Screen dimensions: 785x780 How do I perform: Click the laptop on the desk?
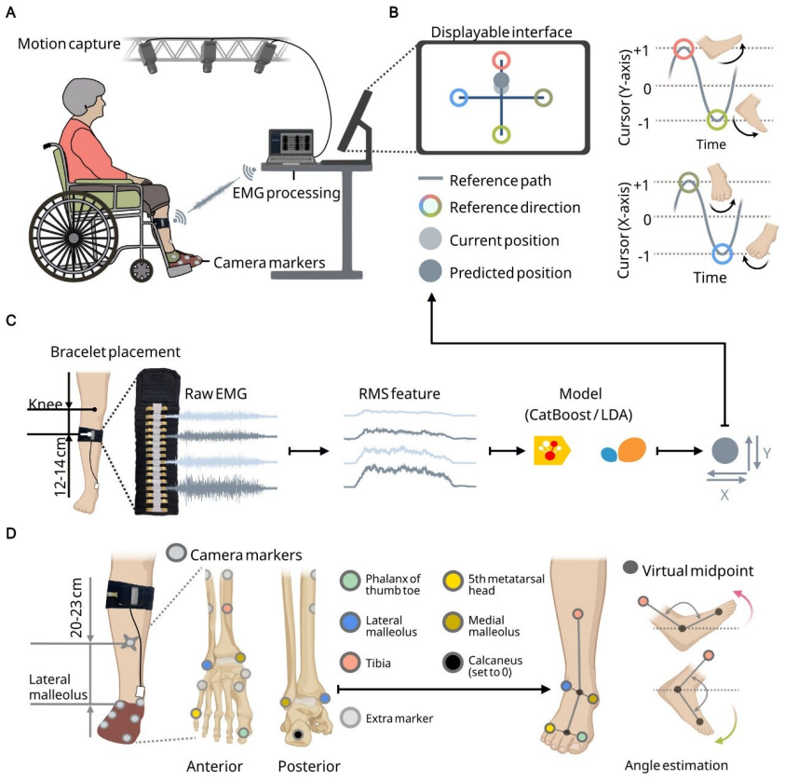tap(291, 147)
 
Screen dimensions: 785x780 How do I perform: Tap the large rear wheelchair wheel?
tap(74, 236)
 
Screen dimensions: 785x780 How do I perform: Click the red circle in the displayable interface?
tap(501, 61)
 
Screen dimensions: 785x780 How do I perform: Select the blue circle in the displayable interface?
tap(459, 97)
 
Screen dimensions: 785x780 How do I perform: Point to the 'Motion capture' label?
tap(69, 44)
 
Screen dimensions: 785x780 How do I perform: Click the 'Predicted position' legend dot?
tap(430, 272)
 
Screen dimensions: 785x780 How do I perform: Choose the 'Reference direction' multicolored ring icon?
tap(430, 206)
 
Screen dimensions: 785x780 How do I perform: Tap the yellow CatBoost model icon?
tap(551, 450)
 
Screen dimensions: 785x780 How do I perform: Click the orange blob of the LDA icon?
tap(631, 449)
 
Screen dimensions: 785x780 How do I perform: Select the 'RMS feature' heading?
tap(399, 394)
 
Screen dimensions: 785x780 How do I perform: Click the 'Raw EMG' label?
tap(216, 394)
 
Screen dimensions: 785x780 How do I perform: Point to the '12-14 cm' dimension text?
tap(61, 466)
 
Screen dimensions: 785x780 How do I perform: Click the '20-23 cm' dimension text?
tap(76, 608)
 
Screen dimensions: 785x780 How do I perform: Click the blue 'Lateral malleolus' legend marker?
tap(350, 623)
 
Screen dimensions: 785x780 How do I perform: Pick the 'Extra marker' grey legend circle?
tap(350, 718)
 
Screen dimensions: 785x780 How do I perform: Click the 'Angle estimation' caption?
tap(676, 765)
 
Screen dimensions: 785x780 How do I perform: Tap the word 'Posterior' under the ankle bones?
tap(309, 766)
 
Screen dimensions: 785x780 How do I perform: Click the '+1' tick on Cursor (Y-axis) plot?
tap(642, 50)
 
